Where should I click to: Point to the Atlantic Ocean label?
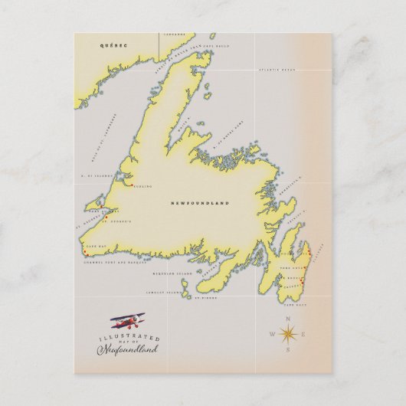[x=277, y=70]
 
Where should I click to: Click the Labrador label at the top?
[x=179, y=34]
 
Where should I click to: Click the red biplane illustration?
[x=127, y=319]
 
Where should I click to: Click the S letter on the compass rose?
[x=288, y=352]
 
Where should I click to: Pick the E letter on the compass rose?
[x=305, y=335]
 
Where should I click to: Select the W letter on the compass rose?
[x=271, y=335]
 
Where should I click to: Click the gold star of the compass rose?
[x=288, y=334]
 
